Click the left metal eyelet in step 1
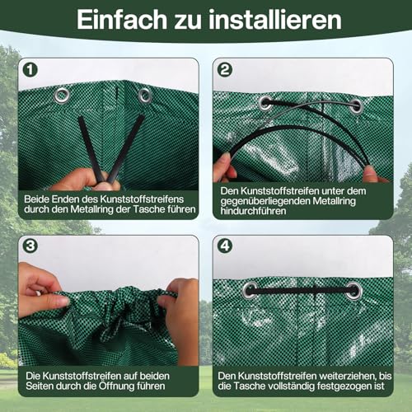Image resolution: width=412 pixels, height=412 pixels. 62,96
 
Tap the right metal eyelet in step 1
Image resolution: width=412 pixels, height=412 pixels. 145,96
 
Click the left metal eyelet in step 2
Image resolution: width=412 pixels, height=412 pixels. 266,105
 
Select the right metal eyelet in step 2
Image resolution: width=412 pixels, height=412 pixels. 356,105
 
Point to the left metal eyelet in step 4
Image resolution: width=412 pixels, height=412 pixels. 249,290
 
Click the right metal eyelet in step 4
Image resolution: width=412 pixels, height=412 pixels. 353,290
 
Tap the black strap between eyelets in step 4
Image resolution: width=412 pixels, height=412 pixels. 301,291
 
